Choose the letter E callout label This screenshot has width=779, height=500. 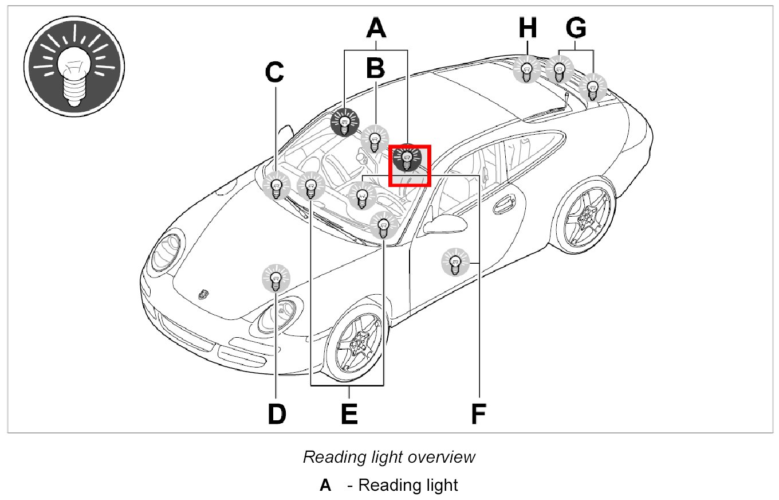(x=349, y=413)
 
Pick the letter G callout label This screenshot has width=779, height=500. (x=576, y=27)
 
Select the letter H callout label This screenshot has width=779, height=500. (x=527, y=27)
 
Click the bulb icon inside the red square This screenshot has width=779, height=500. (x=407, y=158)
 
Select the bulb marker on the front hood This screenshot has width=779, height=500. (x=276, y=279)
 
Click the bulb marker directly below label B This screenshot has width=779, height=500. (x=375, y=139)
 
